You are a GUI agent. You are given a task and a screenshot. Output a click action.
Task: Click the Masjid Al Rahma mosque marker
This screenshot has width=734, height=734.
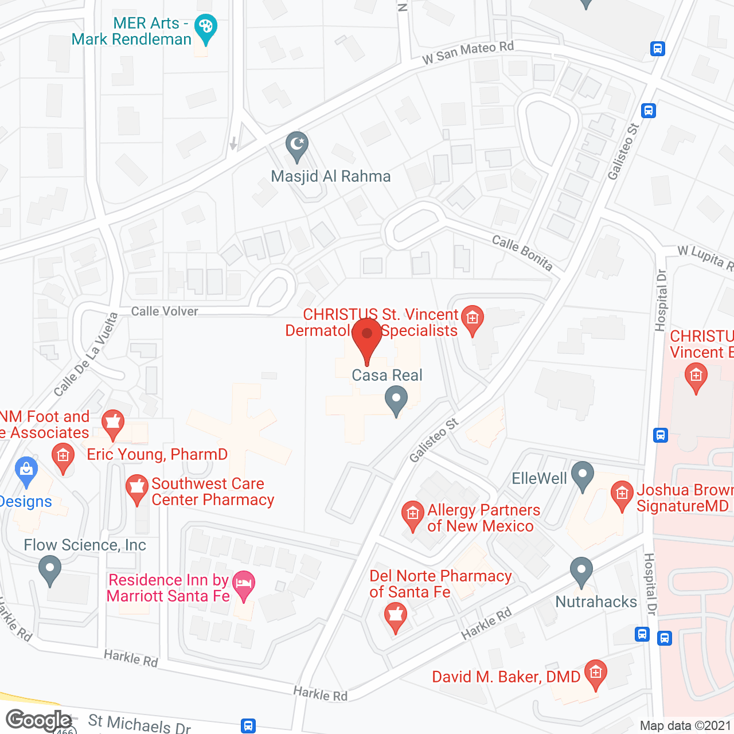pyautogui.click(x=297, y=146)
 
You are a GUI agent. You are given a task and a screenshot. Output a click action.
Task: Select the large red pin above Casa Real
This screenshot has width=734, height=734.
pyautogui.click(x=367, y=337)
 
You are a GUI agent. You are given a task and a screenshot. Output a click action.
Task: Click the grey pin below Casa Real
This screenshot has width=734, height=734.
pyautogui.click(x=396, y=400)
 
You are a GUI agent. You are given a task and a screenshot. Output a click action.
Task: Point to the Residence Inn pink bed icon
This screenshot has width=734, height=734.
pyautogui.click(x=244, y=585)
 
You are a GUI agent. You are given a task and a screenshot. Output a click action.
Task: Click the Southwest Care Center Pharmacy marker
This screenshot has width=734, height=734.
pyautogui.click(x=136, y=488)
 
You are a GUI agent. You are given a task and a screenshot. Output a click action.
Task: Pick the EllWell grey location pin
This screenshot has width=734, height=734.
pyautogui.click(x=583, y=475)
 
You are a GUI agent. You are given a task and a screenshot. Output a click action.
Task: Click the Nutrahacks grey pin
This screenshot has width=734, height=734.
pyautogui.click(x=581, y=571)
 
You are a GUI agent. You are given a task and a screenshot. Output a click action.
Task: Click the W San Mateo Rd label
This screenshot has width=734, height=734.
pyautogui.click(x=468, y=52)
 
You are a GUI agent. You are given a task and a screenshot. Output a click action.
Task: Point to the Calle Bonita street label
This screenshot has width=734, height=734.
pyautogui.click(x=522, y=252)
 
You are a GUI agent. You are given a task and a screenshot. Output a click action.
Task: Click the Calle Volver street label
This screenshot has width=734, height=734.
pyautogui.click(x=165, y=311)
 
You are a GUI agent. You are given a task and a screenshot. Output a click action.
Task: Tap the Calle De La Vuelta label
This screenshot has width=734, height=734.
pyautogui.click(x=85, y=354)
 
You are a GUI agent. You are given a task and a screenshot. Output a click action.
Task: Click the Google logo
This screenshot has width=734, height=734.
pyautogui.click(x=38, y=720)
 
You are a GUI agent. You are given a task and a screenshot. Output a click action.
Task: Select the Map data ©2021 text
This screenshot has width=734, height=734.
pyautogui.click(x=685, y=725)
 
